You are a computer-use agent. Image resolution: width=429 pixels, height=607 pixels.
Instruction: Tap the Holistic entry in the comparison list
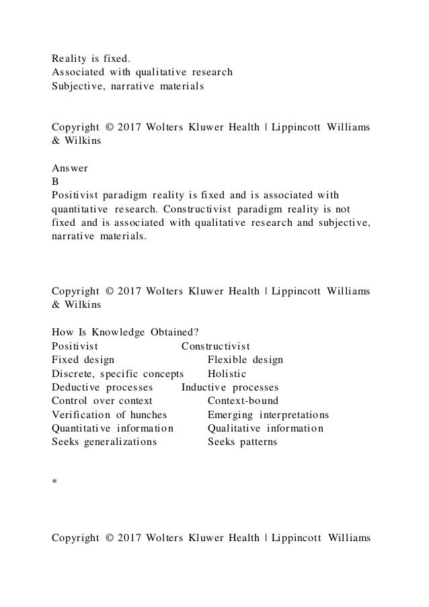(x=227, y=374)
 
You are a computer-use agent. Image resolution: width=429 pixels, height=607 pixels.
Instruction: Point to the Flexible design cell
(x=245, y=360)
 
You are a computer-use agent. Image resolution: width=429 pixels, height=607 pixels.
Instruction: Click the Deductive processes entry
(x=102, y=388)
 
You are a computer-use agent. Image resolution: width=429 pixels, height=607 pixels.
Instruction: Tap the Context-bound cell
(x=243, y=401)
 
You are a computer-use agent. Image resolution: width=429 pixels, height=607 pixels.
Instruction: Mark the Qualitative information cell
(x=266, y=428)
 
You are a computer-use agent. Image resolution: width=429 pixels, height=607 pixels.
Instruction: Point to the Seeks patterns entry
(x=242, y=442)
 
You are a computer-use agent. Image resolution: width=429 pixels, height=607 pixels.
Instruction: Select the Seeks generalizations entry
(x=105, y=442)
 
